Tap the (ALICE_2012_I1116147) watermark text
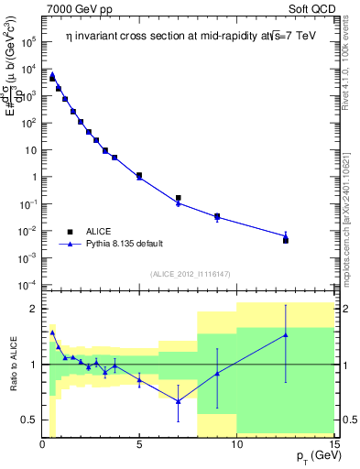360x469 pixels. point(189,274)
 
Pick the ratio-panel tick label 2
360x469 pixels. point(32,309)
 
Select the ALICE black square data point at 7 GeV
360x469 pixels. point(179,198)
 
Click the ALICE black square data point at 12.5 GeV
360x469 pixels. point(286,240)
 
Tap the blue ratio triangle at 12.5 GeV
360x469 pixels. point(286,334)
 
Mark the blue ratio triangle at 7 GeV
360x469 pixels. point(179,401)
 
